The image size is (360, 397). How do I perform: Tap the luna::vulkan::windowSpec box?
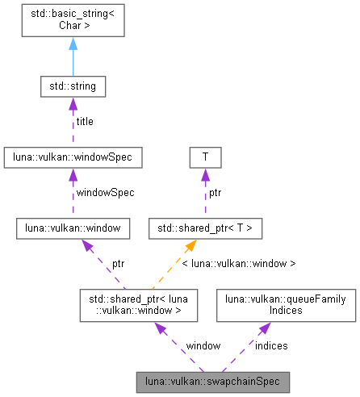[73, 157]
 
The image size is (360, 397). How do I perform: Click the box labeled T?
[205, 157]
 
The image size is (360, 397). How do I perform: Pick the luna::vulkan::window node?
[73, 229]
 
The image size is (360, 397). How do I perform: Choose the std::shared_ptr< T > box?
[205, 229]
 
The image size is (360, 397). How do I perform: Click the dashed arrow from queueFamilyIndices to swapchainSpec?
[246, 342]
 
